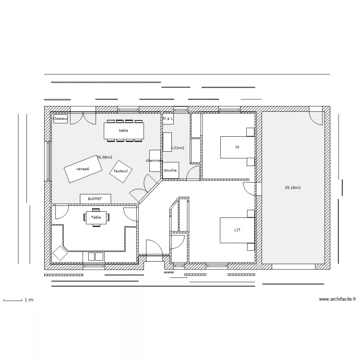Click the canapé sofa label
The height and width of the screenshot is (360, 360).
(x=83, y=169)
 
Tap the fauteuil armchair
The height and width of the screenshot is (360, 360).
(x=121, y=171)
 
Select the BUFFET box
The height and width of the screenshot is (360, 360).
(x=95, y=199)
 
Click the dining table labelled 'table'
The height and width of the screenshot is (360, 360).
(x=124, y=130)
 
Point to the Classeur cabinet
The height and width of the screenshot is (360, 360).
(x=60, y=118)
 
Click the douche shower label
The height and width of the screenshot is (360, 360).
(x=170, y=170)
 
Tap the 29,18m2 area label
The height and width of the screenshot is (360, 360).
(x=293, y=189)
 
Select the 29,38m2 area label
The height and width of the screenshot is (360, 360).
(x=104, y=157)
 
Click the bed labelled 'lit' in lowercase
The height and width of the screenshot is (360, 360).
(x=237, y=147)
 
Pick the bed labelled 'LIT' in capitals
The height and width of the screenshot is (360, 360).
(x=237, y=230)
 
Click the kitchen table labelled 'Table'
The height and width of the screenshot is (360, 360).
(x=96, y=217)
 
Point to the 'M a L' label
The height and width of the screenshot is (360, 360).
(x=168, y=118)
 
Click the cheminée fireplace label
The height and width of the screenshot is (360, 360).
(x=154, y=160)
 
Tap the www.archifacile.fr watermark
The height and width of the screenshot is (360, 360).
(x=337, y=299)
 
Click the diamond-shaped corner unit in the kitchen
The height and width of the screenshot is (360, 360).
(x=60, y=253)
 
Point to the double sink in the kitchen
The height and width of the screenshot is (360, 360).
(x=95, y=257)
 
